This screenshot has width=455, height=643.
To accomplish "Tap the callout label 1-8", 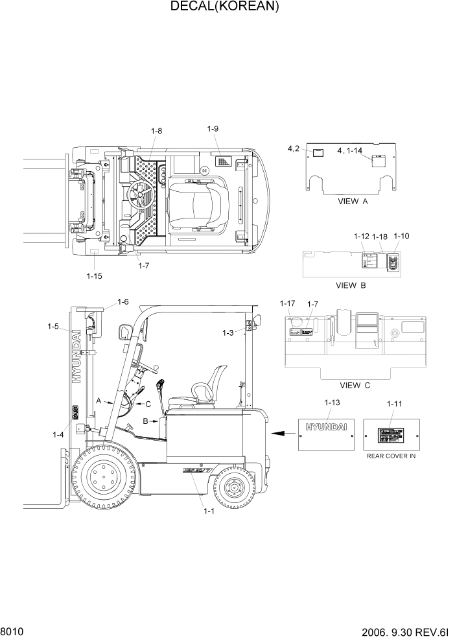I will (x=156, y=132).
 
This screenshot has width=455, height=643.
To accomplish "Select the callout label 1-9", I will (x=213, y=129).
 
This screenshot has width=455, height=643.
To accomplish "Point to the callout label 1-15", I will (x=94, y=276).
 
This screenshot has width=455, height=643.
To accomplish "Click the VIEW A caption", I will (x=353, y=202).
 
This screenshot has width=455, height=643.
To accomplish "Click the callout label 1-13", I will (x=331, y=403).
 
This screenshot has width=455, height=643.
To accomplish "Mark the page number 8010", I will (x=13, y=631).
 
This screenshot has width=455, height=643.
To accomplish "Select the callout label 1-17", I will (x=287, y=303).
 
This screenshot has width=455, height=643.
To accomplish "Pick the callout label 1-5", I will (x=53, y=327).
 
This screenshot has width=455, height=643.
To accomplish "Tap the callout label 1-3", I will (x=227, y=333).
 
